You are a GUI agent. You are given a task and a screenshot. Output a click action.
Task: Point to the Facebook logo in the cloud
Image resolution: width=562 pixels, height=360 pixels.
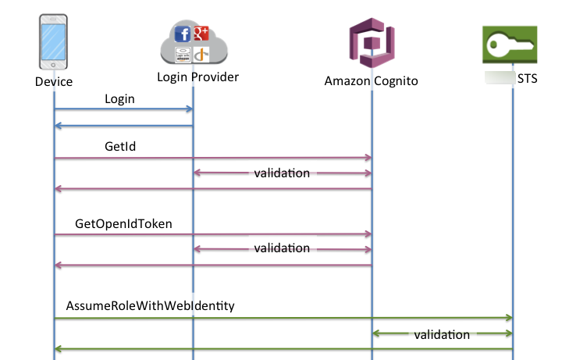click(x=183, y=34)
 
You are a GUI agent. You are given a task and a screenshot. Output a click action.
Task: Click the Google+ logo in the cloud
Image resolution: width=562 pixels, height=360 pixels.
click(x=201, y=33)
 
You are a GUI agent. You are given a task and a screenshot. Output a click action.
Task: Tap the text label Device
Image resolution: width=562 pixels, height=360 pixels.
click(x=54, y=81)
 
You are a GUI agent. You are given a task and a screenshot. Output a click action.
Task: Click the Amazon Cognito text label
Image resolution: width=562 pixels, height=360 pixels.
click(x=372, y=81)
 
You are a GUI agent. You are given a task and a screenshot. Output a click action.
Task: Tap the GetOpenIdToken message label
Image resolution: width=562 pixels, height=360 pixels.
click(x=123, y=223)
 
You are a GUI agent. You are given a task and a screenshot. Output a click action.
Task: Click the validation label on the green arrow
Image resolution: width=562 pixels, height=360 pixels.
click(x=442, y=334)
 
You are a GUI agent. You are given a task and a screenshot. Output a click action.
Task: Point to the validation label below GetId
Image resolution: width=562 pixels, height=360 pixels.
click(x=282, y=173)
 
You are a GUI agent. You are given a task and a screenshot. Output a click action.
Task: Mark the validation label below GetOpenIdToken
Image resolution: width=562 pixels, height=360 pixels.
click(x=282, y=248)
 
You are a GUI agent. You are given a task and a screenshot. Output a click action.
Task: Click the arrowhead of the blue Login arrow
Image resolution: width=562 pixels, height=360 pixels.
click(x=189, y=110)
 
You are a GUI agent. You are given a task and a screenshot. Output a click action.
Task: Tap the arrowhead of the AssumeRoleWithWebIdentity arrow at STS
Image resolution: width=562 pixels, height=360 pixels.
click(x=508, y=318)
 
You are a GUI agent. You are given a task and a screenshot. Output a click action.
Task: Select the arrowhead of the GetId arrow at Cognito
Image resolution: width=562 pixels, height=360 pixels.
click(x=368, y=158)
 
